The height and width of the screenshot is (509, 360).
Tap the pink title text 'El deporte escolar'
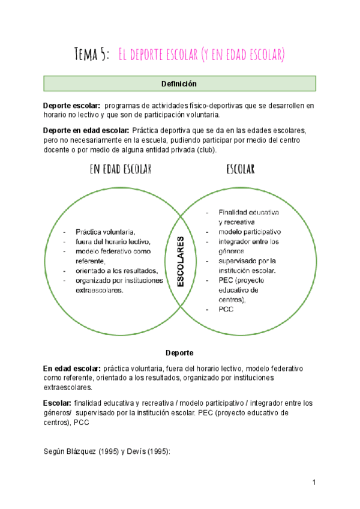click(157, 55)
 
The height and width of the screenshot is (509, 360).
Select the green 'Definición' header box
click(179, 83)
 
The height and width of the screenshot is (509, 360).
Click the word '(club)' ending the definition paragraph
click(205, 149)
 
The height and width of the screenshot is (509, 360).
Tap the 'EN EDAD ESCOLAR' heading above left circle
click(120, 169)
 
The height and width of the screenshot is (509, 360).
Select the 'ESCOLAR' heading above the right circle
click(241, 169)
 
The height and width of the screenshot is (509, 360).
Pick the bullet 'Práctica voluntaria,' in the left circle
click(106, 232)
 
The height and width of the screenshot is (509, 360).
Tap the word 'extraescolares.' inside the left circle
click(100, 291)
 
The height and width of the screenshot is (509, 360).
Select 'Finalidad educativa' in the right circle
click(248, 212)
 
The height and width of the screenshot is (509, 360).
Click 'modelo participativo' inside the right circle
click(250, 232)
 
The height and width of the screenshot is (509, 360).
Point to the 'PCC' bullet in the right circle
click(226, 310)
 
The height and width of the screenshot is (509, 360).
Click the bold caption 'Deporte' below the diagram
click(179, 353)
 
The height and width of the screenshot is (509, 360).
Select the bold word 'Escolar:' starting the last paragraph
click(58, 403)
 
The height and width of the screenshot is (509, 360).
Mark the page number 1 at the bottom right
click(314, 483)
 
